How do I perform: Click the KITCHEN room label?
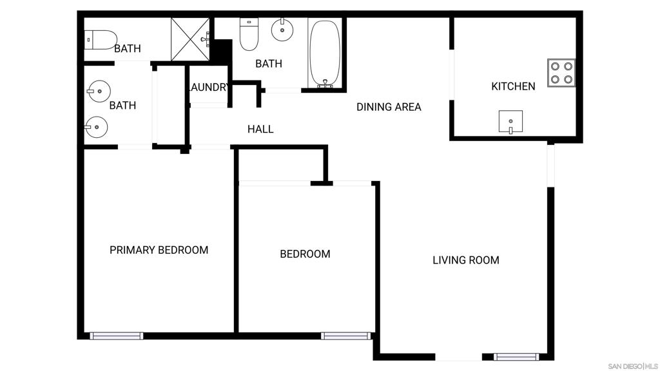click(513, 86)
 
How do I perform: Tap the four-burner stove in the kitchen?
click(561, 73)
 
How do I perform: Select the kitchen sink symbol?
click(510, 122)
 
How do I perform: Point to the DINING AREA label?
click(389, 107)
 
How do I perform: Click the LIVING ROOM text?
click(466, 260)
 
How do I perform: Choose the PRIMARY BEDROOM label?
click(159, 250)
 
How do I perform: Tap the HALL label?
click(260, 129)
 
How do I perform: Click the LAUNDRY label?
click(208, 87)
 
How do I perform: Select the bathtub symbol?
click(325, 54)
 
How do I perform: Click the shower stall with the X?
click(190, 39)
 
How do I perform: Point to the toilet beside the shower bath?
click(101, 40)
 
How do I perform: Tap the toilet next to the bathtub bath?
click(249, 33)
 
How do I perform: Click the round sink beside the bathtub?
click(282, 30)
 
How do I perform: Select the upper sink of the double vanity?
click(99, 91)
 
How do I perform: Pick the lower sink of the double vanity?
click(96, 127)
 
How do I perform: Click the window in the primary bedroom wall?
click(117, 336)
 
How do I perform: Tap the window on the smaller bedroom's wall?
click(346, 336)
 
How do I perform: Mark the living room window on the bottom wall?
click(516, 357)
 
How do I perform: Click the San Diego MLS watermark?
click(633, 366)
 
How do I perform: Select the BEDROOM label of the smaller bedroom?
click(305, 254)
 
